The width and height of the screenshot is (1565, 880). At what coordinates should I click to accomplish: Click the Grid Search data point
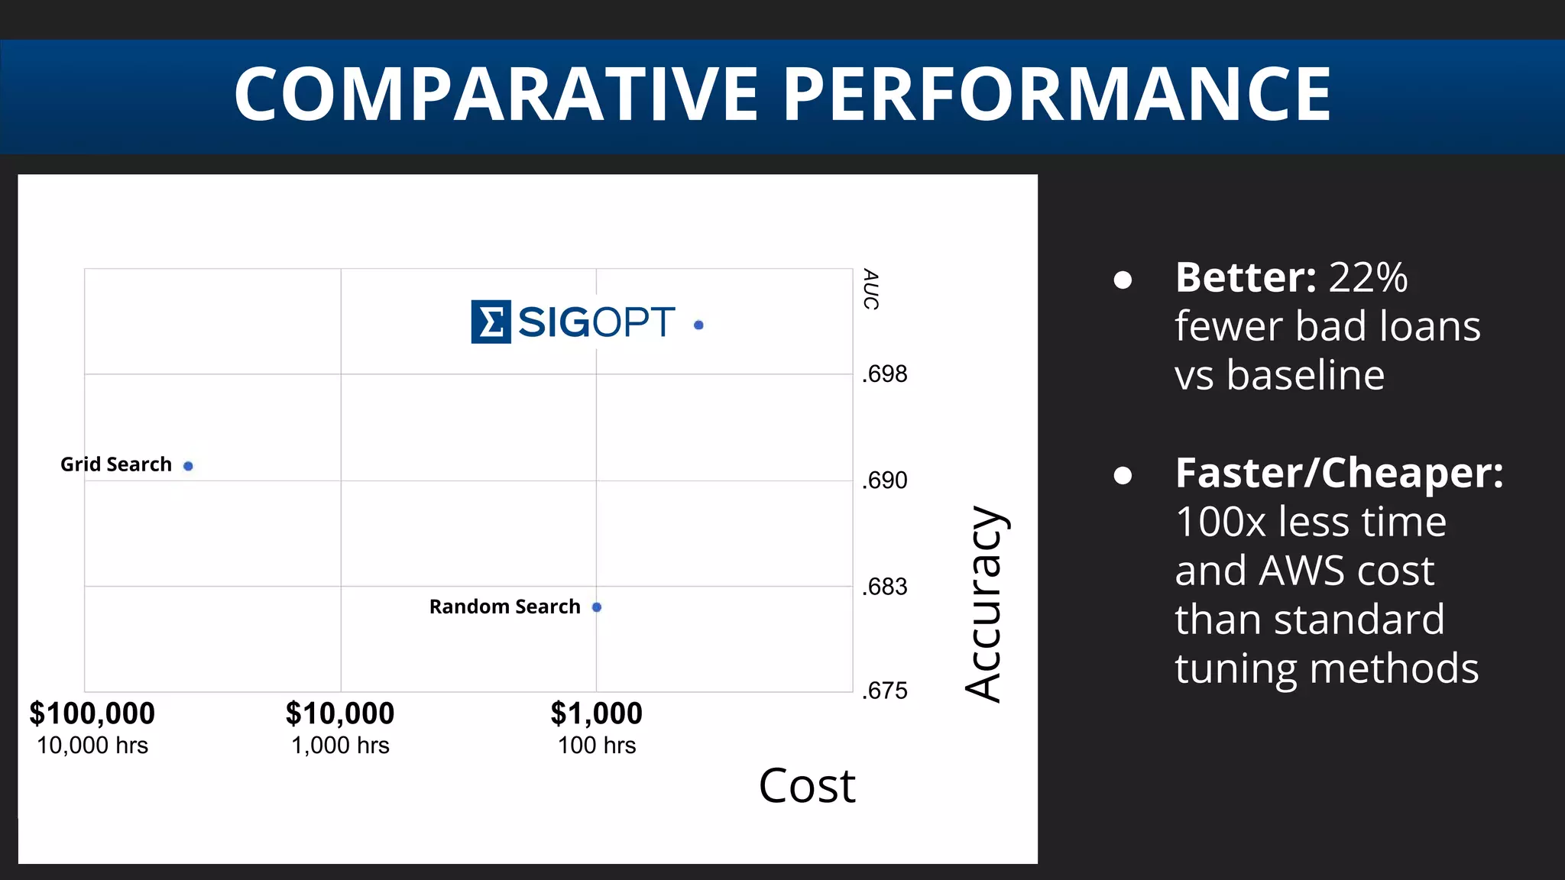click(x=188, y=466)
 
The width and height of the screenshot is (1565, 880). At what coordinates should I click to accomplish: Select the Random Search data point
click(x=597, y=607)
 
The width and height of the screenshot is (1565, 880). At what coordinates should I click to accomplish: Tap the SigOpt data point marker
click(x=698, y=325)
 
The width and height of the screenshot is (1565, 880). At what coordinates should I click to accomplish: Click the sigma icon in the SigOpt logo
click(x=491, y=322)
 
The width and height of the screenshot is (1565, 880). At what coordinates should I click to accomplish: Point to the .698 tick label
click(x=885, y=374)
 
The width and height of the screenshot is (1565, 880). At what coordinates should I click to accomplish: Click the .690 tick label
click(x=885, y=480)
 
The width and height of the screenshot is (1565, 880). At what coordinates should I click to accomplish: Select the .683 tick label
click(x=885, y=587)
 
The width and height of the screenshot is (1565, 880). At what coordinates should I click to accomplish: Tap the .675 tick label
click(x=885, y=691)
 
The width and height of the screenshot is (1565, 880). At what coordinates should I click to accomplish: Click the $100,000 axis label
click(x=92, y=713)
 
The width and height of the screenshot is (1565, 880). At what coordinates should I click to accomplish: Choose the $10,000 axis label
click(x=340, y=713)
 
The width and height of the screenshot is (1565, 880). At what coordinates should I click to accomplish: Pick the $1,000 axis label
click(x=597, y=713)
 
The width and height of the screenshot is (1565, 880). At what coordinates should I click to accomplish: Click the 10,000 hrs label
click(x=92, y=746)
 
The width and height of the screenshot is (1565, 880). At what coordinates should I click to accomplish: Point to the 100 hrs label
click(x=597, y=746)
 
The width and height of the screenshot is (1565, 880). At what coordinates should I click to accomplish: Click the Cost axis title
click(x=807, y=785)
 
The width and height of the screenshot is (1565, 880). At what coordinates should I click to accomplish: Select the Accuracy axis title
click(x=984, y=603)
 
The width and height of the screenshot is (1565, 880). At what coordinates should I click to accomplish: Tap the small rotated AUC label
click(x=870, y=289)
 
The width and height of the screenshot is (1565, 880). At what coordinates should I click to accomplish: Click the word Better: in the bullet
click(x=1246, y=277)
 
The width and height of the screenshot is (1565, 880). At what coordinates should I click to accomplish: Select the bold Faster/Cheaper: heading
click(x=1339, y=473)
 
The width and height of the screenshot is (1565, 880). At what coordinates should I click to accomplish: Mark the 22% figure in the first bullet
click(x=1368, y=277)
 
